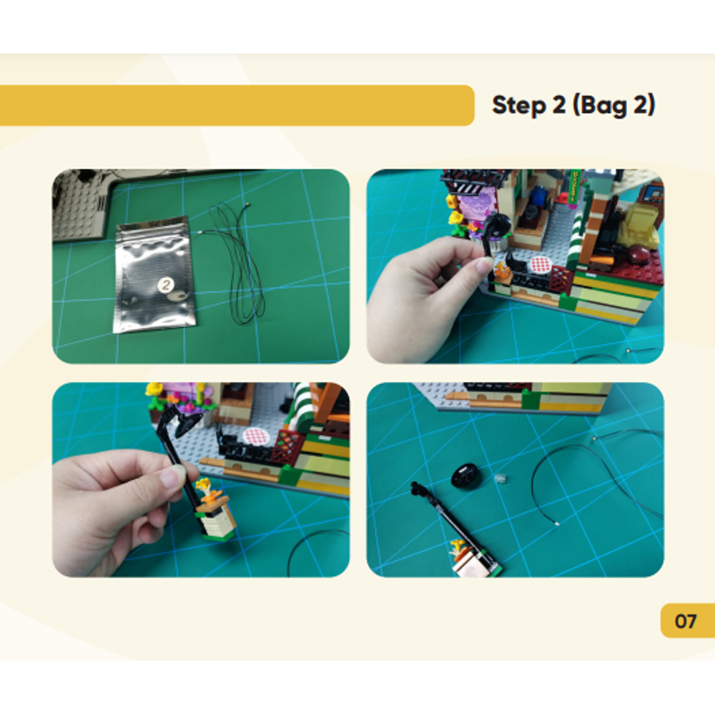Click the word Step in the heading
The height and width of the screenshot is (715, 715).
pyautogui.click(x=519, y=106)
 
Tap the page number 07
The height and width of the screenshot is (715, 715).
pyautogui.click(x=686, y=621)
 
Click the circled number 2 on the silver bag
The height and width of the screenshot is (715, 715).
pyautogui.click(x=166, y=285)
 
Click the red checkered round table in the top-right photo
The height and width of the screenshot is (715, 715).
pyautogui.click(x=539, y=264)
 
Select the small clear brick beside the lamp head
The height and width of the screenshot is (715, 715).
pyautogui.click(x=500, y=479)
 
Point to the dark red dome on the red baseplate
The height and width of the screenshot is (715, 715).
pyautogui.click(x=638, y=254)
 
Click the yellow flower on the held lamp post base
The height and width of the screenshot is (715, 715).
pyautogui.click(x=204, y=485)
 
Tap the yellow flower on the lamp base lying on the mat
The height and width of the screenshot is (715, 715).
pyautogui.click(x=458, y=545)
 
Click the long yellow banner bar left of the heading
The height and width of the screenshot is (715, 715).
pyautogui.click(x=237, y=105)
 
